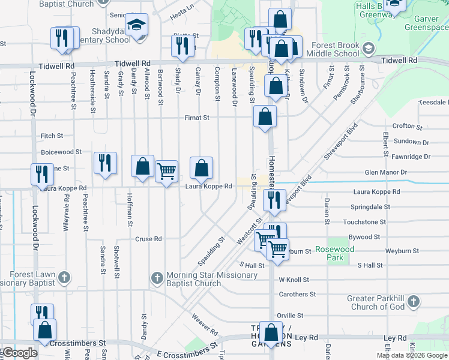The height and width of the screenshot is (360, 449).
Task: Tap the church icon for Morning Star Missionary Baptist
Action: pos(156,278)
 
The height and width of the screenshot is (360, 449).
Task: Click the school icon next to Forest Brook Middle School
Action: pos(368,48)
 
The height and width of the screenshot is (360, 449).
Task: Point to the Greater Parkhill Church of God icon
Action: pos(412,303)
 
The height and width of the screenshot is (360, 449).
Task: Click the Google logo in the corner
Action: pos(19,353)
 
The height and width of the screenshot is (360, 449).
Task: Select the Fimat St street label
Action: pos(196,118)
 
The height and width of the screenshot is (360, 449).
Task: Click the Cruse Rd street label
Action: pos(148,238)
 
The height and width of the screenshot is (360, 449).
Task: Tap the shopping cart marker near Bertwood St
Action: pos(166,171)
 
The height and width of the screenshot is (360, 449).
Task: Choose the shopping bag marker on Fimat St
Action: pos(265,116)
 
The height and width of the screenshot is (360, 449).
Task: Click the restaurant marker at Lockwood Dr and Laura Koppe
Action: pos(42,174)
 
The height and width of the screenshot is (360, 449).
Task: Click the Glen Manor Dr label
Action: pos(385,173)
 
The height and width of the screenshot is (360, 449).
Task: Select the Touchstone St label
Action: pos(364,222)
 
